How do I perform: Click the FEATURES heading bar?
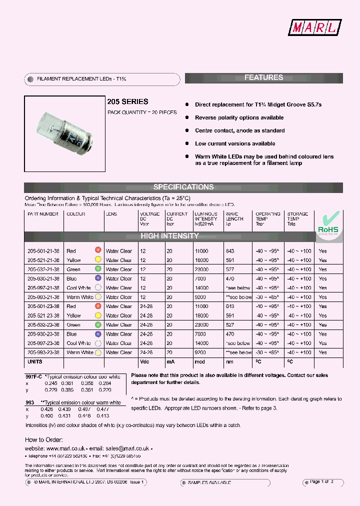click(263, 77)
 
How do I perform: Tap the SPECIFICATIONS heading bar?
click(183, 187)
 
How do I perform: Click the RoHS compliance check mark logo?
click(328, 223)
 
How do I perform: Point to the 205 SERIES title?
click(128, 101)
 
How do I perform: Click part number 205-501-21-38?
click(43, 251)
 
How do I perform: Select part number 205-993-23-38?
click(43, 352)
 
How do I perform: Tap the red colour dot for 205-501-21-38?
click(98, 250)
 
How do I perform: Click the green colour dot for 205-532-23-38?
click(98, 324)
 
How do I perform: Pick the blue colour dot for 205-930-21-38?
click(98, 278)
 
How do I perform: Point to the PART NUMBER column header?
click(43, 214)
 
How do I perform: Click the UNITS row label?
click(34, 361)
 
